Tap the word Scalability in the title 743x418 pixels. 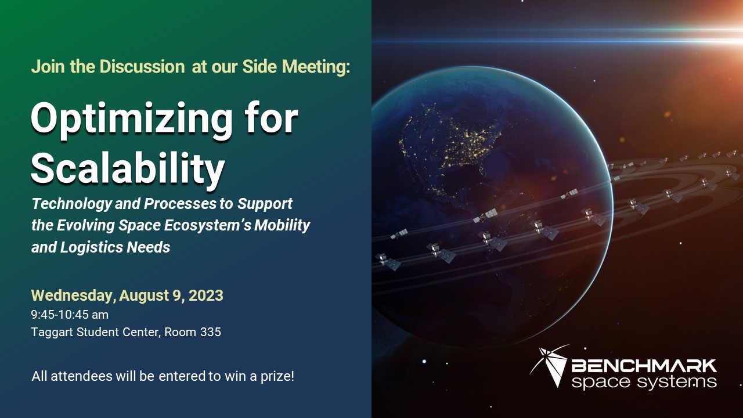tap(127, 168)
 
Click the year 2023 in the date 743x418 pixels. tap(205, 296)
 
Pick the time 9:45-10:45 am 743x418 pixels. tap(70, 315)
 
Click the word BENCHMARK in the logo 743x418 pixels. tap(644, 366)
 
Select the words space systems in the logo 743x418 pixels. tap(644, 381)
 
